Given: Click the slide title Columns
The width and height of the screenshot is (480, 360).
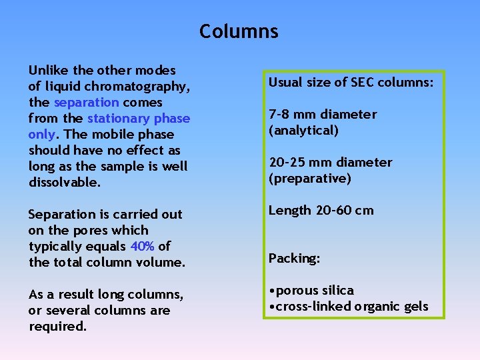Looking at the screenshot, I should pyautogui.click(x=239, y=31).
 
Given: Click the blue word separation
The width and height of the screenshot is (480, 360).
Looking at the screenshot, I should pyautogui.click(x=86, y=103).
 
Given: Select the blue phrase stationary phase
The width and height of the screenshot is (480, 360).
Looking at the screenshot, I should pyautogui.click(x=139, y=119).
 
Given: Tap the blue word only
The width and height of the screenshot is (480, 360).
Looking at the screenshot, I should pyautogui.click(x=41, y=135).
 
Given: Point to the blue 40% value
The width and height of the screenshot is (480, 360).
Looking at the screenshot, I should pyautogui.click(x=143, y=247).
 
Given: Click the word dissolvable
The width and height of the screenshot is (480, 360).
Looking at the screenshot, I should pyautogui.click(x=65, y=183).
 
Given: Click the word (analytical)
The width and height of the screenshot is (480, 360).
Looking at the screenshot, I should pyautogui.click(x=303, y=131).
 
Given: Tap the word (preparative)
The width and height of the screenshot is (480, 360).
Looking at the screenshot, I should pyautogui.click(x=309, y=179).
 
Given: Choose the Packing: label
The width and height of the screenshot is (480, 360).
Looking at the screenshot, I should pyautogui.click(x=294, y=259).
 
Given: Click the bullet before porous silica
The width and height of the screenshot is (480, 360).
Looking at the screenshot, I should pyautogui.click(x=271, y=291).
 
